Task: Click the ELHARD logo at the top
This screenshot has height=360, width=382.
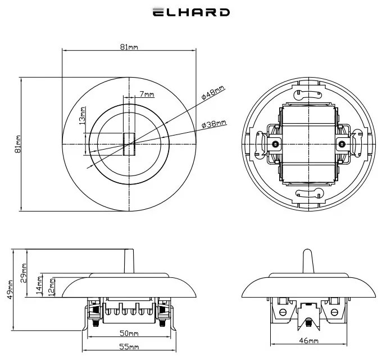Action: [191, 12]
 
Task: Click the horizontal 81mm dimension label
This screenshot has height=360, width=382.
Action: [129, 47]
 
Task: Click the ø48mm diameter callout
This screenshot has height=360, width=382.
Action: [213, 93]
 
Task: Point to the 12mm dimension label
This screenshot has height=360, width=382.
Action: [52, 286]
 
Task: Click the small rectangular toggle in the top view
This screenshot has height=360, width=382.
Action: [129, 143]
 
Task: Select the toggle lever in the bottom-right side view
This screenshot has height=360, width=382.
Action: [308, 261]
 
